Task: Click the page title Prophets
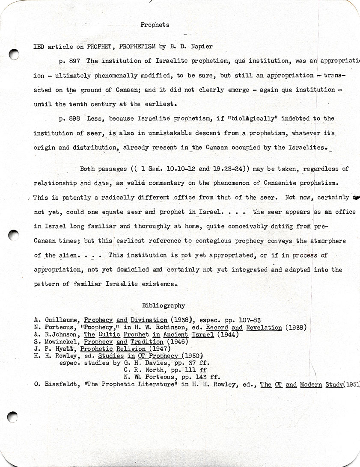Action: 155,25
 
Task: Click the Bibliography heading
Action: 164,305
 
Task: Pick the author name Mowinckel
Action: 62,342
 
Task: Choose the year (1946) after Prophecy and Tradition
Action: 176,342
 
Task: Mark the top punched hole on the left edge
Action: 14,54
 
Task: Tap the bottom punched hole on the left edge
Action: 12,416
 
